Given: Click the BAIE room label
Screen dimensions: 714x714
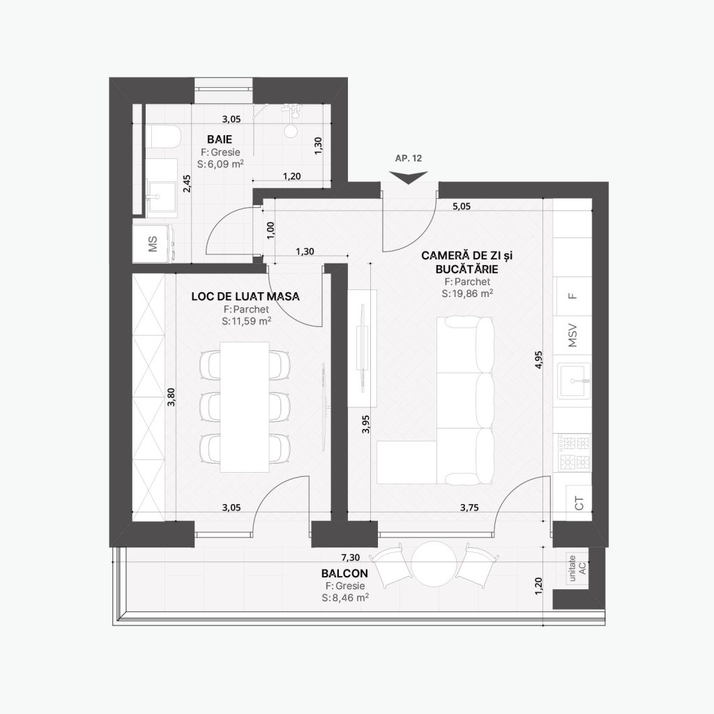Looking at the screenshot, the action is coord(220,139).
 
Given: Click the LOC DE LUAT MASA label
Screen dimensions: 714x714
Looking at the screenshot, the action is coord(245,296).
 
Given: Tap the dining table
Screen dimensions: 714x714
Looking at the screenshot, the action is coord(245,407).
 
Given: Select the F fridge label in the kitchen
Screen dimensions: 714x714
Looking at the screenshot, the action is coord(573,296).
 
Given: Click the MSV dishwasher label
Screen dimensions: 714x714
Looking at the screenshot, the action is coord(572,335).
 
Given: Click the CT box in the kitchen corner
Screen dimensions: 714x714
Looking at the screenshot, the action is coord(579,503).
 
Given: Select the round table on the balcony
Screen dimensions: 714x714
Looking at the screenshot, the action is coord(434,564).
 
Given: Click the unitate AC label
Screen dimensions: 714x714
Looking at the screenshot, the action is coord(577,568).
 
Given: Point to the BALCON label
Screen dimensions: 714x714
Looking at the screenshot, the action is coord(344,573).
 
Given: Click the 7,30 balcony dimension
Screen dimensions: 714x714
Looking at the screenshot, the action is coord(351,557).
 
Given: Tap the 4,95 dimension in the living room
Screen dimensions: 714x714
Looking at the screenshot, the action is coord(539,359).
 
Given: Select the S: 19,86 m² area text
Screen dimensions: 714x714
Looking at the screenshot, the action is coord(467,294).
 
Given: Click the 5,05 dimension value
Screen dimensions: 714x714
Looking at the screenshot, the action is coord(462,206).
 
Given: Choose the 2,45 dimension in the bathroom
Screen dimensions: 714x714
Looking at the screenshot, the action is coord(187,183).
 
